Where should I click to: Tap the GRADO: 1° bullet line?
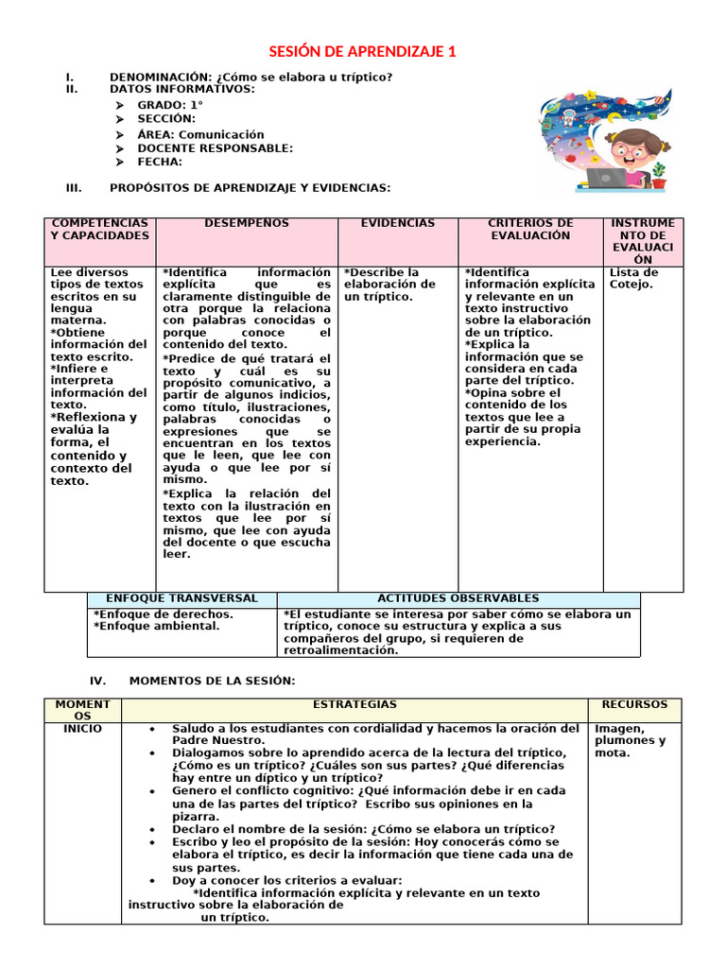[170, 104]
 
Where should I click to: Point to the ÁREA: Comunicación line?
[200, 134]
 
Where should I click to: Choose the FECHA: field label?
[160, 162]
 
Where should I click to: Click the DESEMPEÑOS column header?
[247, 224]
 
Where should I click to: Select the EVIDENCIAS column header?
[398, 224]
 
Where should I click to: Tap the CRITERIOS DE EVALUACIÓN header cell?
[530, 230]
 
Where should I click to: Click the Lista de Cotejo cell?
[634, 279]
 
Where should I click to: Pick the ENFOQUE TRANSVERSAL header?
[181, 598]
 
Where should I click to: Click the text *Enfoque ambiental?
[156, 626]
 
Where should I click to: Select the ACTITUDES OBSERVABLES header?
[458, 598]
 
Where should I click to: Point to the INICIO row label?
[83, 729]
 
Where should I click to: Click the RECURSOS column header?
[634, 705]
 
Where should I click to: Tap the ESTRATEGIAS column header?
[354, 705]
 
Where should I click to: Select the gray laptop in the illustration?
[607, 177]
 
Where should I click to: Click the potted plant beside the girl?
[658, 173]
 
